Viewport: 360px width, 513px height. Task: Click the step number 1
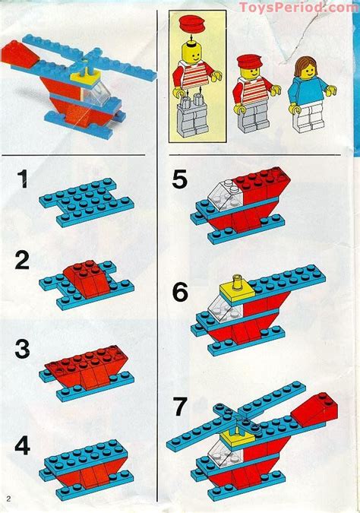pyautogui.click(x=25, y=181)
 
